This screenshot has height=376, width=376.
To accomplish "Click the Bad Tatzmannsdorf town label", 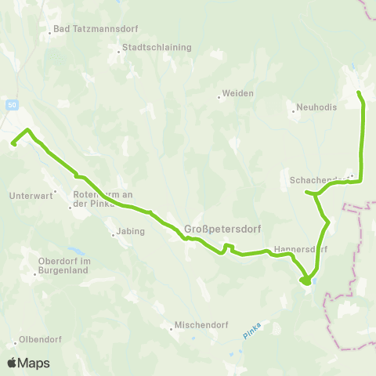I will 94,30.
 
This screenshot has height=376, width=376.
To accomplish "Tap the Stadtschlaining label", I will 156,47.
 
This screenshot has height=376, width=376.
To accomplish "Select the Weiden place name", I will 237,93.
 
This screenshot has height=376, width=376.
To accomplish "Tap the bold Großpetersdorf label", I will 217,230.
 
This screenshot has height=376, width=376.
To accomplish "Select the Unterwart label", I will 29,196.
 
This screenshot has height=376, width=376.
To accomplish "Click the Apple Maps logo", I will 28,363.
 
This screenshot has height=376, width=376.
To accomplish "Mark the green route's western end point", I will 13,143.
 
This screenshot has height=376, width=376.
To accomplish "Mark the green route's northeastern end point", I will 359,93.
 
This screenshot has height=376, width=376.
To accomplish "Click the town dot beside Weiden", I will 219,97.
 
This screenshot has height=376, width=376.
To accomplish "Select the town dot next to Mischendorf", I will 171,329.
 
